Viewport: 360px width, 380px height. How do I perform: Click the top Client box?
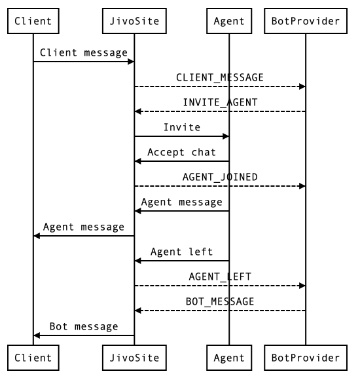coord(33,22)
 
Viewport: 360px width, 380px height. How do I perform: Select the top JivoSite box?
coord(135,22)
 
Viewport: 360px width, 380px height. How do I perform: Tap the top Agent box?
coord(229,22)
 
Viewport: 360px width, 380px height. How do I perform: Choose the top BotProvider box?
coord(306,22)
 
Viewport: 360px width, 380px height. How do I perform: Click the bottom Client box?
coord(33,358)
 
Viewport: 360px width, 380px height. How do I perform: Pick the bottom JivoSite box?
coord(135,358)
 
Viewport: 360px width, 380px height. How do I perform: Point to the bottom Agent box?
coord(229,358)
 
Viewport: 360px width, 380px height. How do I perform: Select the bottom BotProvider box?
coord(306,358)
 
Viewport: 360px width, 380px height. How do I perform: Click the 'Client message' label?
coord(84,53)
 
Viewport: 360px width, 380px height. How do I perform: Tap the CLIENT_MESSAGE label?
coord(220,77)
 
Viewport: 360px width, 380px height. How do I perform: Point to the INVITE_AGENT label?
coord(220,102)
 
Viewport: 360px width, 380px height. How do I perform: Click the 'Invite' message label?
coord(182,127)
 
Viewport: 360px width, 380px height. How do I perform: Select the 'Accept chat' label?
coord(182,152)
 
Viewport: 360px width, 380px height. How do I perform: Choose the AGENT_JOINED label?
coord(220,177)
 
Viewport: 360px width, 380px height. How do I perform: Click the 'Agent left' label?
coord(182,252)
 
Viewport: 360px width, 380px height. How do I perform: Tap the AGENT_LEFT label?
coord(220,276)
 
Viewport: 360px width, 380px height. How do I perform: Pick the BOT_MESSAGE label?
coord(220,301)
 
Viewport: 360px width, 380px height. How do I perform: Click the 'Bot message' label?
coord(84,326)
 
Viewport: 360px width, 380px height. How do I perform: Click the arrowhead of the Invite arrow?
coord(226,136)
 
